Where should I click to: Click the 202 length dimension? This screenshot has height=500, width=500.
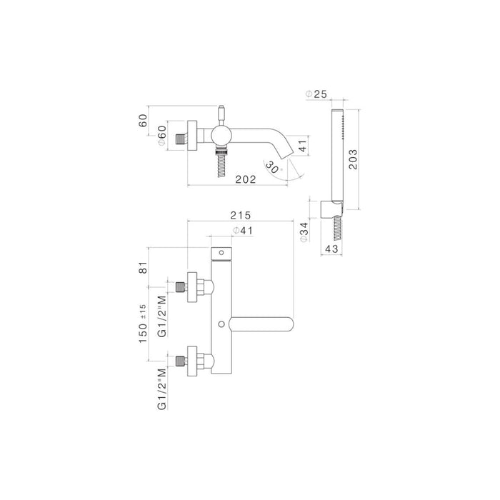pos(246,179)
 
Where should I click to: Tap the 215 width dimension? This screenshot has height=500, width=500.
pos(241,215)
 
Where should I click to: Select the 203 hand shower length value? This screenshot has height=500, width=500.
pos(353,159)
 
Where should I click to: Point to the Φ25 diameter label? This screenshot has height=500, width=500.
pos(316,94)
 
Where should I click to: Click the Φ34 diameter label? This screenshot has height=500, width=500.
pos(304,232)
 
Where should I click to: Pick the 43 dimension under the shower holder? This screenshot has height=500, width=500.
pos(331,249)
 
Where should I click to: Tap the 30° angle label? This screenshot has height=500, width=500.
pos(274,167)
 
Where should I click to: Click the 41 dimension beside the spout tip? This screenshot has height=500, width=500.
pos(303,146)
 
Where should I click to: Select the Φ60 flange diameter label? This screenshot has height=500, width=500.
pos(162,136)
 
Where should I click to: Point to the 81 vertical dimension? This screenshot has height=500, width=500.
pos(144,267)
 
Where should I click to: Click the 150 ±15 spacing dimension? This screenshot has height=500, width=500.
pos(143,324)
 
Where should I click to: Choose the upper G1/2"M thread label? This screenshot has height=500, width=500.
pos(162,316)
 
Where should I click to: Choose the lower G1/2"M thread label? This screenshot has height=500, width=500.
pos(162,389)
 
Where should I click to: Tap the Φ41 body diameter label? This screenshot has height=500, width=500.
pos(243,230)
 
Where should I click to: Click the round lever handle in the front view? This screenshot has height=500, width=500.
pos(261,324)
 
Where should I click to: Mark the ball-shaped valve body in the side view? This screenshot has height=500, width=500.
pos(221,136)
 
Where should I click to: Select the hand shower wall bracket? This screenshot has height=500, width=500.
pos(331,209)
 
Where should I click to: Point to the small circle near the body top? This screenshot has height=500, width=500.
pos(221,253)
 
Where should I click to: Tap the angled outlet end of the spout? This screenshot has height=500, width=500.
pos(286,155)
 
